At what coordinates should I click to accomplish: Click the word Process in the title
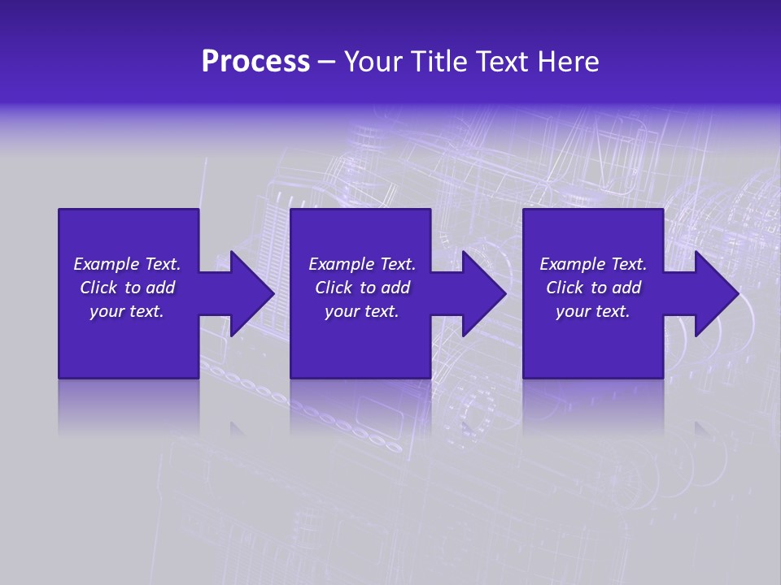click(x=255, y=62)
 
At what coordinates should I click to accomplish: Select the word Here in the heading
click(x=567, y=62)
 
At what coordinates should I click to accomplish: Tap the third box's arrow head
click(x=715, y=293)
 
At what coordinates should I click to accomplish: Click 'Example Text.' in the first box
click(x=127, y=264)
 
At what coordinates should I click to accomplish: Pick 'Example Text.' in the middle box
click(x=362, y=264)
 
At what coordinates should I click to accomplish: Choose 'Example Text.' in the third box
click(x=593, y=264)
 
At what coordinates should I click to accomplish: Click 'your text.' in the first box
click(x=127, y=311)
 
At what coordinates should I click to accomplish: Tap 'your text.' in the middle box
click(x=362, y=311)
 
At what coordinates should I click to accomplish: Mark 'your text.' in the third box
click(x=593, y=311)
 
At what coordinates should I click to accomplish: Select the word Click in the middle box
click(x=334, y=288)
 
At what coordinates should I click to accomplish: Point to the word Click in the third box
click(x=565, y=288)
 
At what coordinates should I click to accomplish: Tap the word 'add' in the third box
click(x=626, y=288)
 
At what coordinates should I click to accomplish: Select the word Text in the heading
click(x=501, y=62)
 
